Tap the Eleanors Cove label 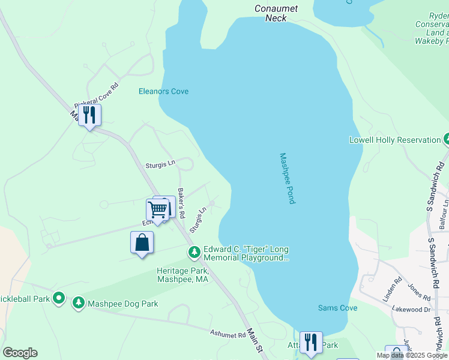pos(163,91)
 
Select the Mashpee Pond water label pos(288,178)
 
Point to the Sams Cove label pos(337,308)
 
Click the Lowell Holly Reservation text pos(395,140)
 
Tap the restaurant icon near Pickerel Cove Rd pos(89,115)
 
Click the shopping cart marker pos(157,210)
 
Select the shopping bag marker pos(142,243)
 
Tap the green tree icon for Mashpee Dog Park pos(79,303)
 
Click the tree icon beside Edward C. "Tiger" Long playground pos(194,252)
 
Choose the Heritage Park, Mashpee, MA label pos(182,275)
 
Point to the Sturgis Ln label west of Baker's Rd pos(160,164)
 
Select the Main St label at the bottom pos(256,347)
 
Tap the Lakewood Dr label pos(410,310)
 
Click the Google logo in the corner pos(20,353)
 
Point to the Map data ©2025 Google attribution pos(412,355)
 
